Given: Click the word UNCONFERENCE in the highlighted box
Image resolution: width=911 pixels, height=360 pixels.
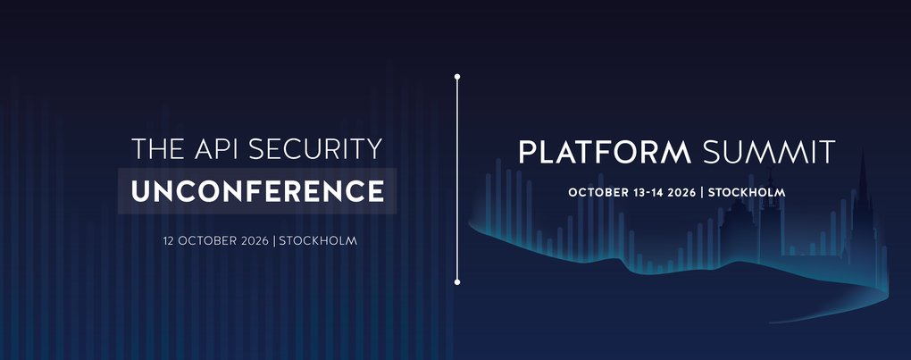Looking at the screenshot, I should [x=257, y=190].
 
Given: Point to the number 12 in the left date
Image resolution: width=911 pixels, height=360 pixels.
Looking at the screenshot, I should [x=169, y=241].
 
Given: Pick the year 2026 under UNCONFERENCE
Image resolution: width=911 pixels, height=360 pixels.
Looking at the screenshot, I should [x=256, y=241].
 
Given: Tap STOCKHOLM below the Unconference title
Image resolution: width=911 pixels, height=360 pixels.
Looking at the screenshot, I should [x=318, y=241].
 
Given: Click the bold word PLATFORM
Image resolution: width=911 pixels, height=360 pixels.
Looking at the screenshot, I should [x=605, y=152].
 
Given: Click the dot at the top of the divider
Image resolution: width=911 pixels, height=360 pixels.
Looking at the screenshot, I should [x=457, y=77].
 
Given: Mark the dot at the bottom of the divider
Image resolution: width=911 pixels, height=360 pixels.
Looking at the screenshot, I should [x=457, y=281].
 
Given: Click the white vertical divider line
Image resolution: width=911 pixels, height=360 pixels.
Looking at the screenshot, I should [x=457, y=179].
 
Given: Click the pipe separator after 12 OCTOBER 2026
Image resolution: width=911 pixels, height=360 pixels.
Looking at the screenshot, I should [x=275, y=241].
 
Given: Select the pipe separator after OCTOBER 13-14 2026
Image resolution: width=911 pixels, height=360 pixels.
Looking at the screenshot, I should [x=703, y=192].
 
